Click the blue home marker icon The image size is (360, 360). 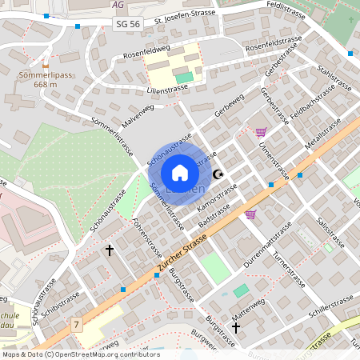point(180,173)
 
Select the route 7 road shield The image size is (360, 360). point(77,324)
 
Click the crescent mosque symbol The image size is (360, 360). point(218,174)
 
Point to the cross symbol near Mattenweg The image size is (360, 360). point(236,328)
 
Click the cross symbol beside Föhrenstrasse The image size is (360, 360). point(110,251)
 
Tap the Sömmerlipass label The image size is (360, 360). point(46,75)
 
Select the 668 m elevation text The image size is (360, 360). point(46,86)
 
